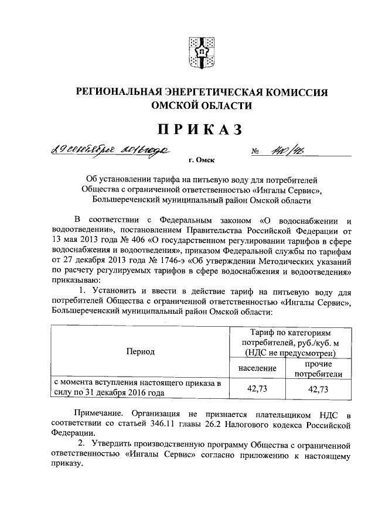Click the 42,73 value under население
point(257,389)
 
